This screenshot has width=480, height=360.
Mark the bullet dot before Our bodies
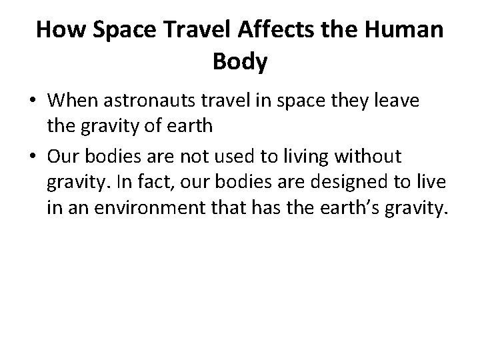click(x=33, y=157)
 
